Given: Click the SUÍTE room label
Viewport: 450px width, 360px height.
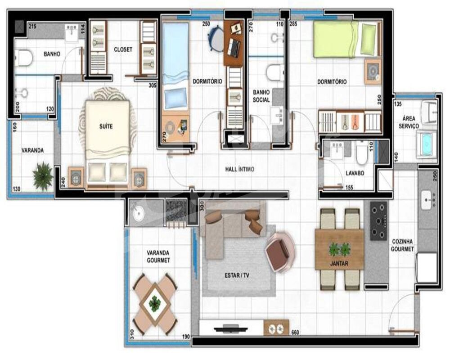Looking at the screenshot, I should click(x=106, y=127).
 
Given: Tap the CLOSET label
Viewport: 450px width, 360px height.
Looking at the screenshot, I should click(x=123, y=49).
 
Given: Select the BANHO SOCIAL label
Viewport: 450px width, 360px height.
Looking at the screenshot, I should click(x=261, y=95).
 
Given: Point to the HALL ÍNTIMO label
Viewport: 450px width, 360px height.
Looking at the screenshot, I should click(x=239, y=170).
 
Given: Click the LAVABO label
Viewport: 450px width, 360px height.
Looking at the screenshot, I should click(x=355, y=173).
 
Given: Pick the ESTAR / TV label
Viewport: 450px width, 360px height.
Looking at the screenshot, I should click(x=237, y=275).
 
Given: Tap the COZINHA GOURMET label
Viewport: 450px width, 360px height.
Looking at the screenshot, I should click(x=402, y=245).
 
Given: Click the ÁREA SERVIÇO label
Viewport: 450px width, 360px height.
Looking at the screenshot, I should click(x=409, y=122).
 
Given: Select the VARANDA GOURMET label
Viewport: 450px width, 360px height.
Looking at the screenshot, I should click(x=158, y=256).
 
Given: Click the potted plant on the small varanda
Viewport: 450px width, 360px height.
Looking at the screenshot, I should click(x=43, y=176).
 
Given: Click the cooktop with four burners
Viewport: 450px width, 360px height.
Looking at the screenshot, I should click(x=378, y=221).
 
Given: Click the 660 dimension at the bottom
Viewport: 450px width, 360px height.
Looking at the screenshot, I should click(x=295, y=333).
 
